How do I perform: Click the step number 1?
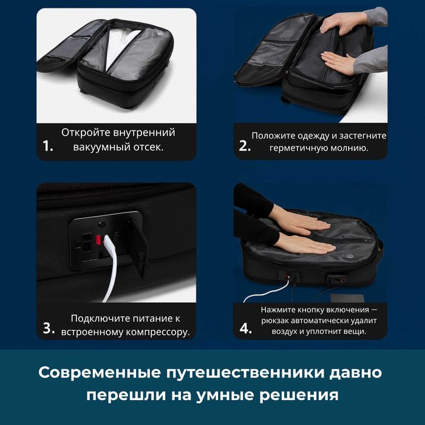point(48,147)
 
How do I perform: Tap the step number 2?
point(244,146)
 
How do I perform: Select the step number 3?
point(49,328)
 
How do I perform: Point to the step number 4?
point(245,328)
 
